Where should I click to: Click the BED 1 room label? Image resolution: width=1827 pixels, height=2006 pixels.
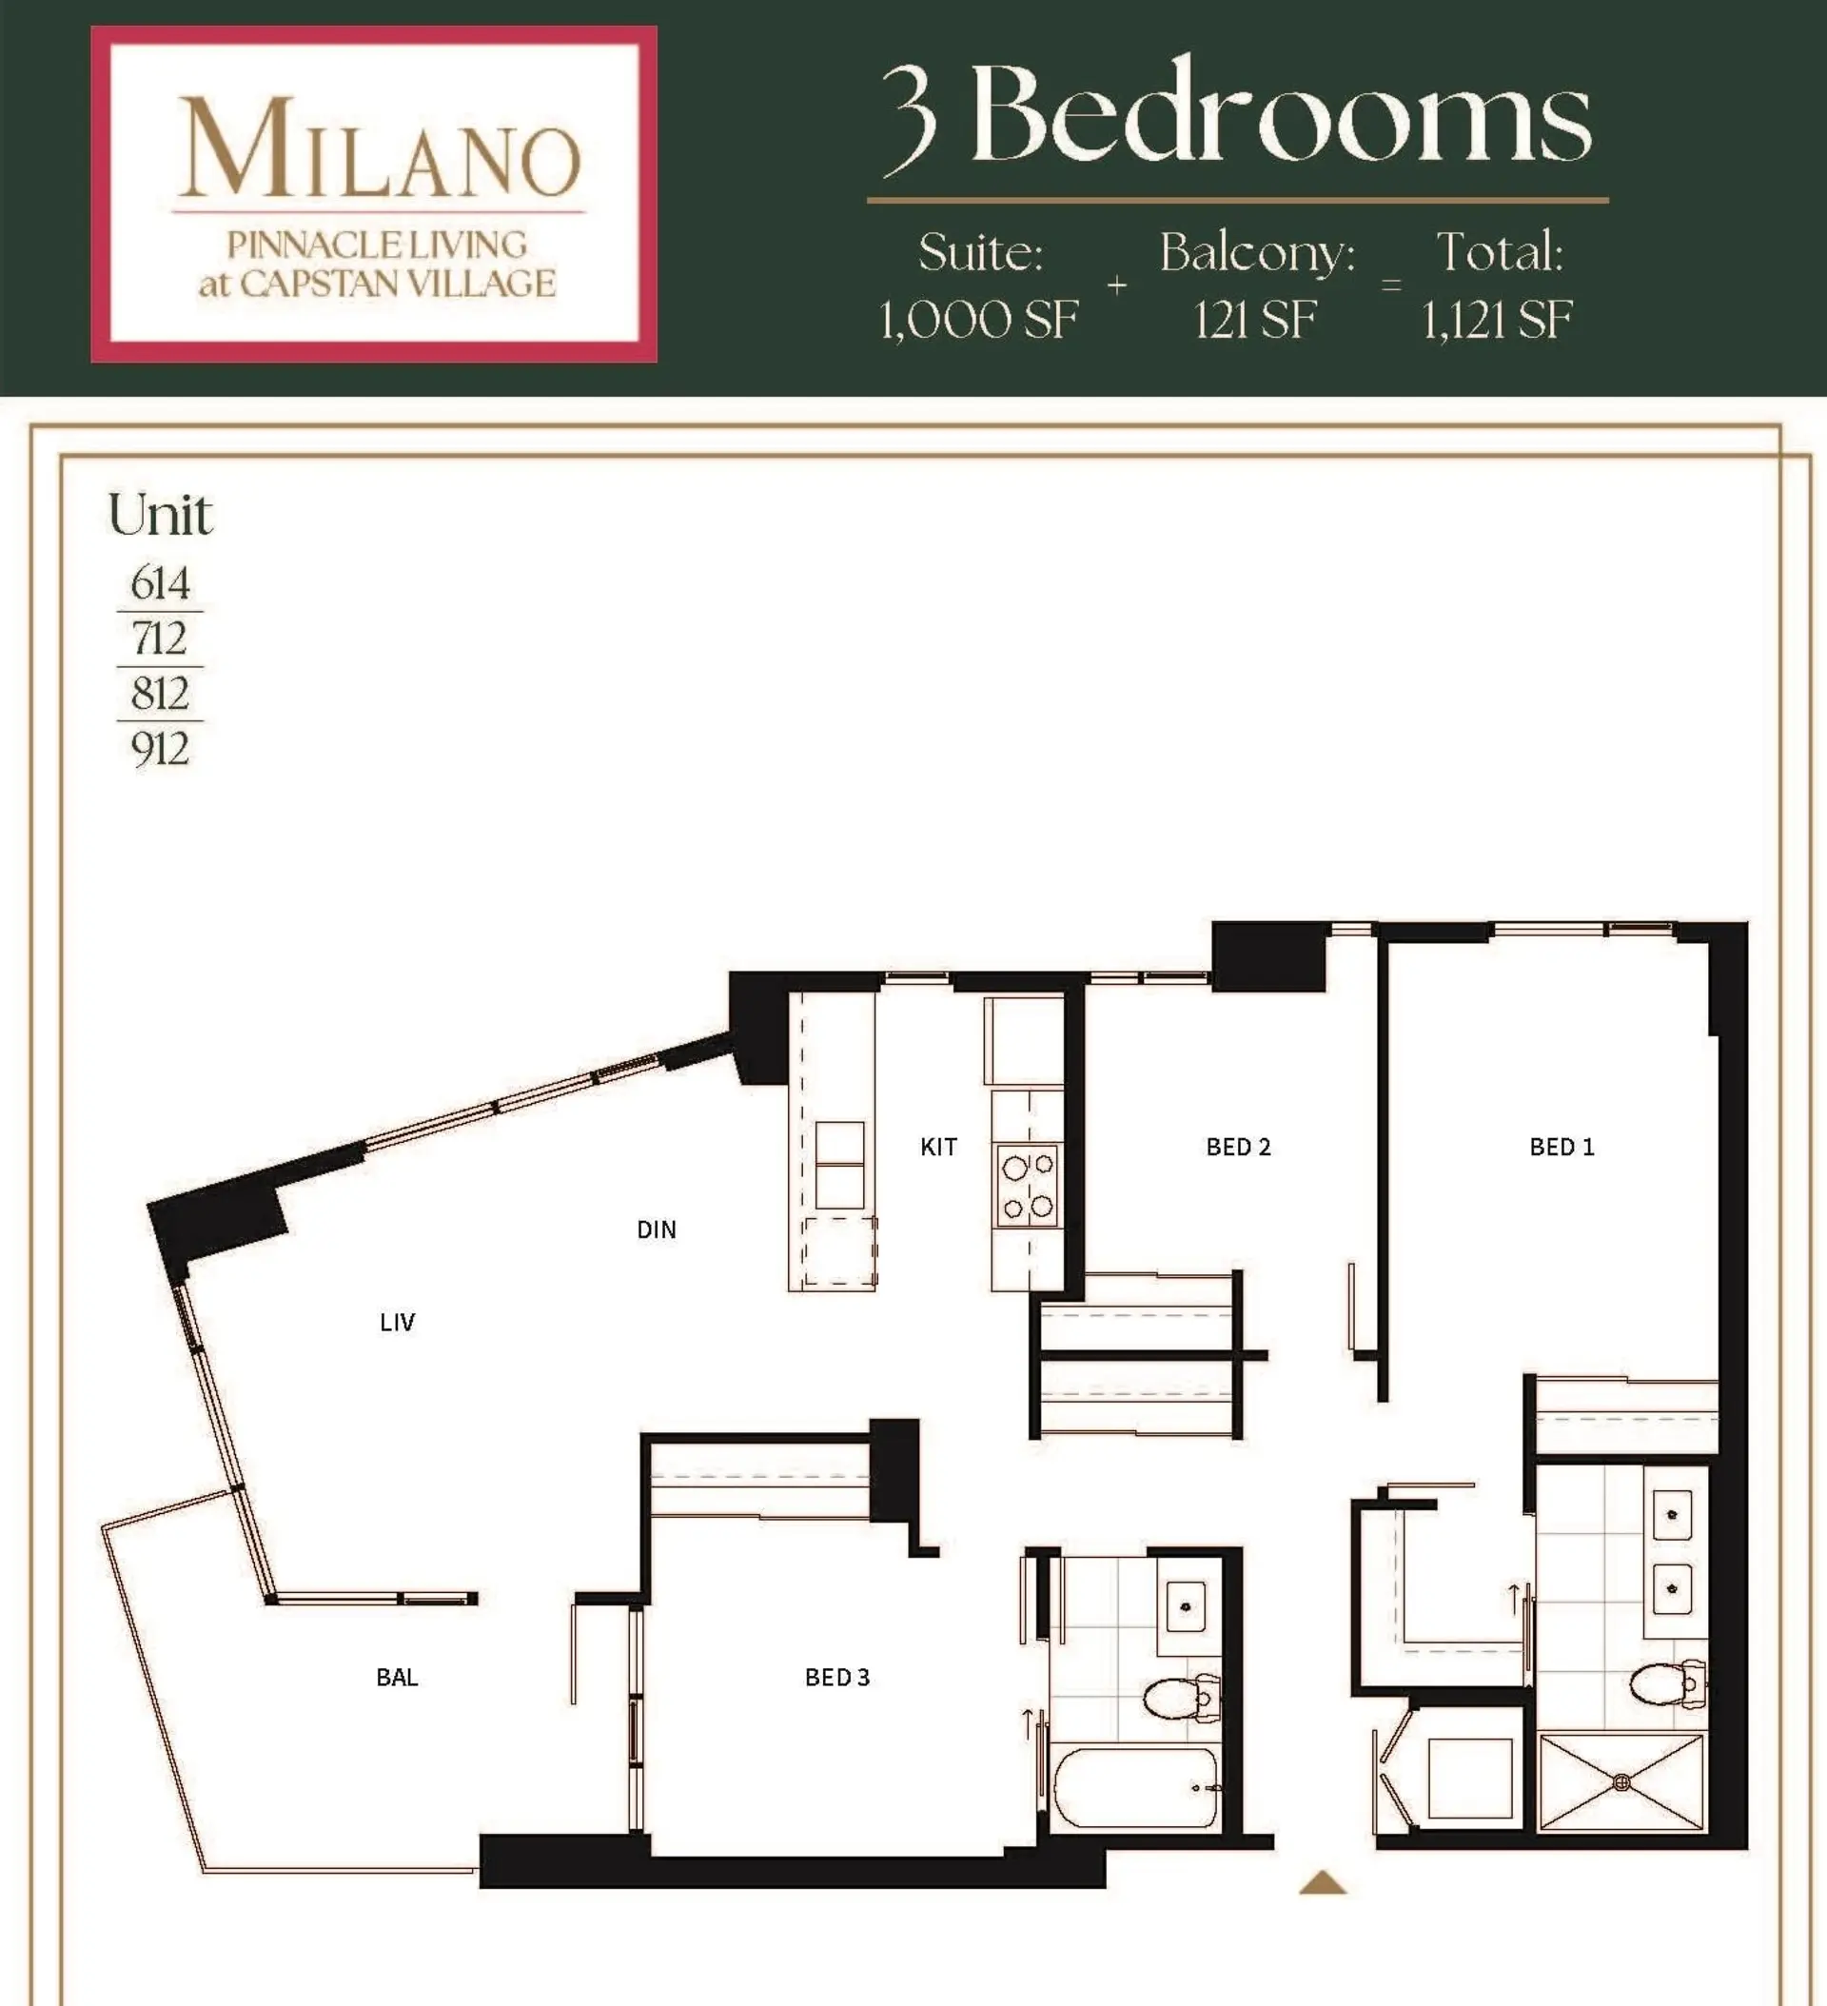click(1562, 1147)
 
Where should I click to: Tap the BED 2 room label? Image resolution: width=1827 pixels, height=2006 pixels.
click(1238, 1147)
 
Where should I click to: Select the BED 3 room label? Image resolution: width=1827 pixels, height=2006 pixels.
click(836, 1677)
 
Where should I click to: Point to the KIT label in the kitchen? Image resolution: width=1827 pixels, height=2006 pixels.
click(938, 1147)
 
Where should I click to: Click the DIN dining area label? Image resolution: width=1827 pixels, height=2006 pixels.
click(656, 1229)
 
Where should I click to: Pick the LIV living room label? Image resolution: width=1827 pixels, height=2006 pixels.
click(397, 1322)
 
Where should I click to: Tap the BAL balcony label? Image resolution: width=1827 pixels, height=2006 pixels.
click(397, 1677)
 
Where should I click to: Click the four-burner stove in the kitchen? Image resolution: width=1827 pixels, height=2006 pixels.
click(1028, 1185)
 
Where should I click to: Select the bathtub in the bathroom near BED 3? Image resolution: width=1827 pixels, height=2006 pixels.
click(1135, 1788)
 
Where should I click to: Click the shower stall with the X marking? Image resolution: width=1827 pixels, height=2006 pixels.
click(1621, 1782)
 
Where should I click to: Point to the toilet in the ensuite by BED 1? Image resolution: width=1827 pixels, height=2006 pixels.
click(1667, 1683)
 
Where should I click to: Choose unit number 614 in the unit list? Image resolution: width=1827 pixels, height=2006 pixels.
click(159, 582)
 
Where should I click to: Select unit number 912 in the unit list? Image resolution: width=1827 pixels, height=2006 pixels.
click(159, 747)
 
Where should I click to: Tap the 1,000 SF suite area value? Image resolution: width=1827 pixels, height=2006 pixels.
click(978, 321)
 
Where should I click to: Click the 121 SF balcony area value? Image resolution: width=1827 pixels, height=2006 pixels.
click(1255, 321)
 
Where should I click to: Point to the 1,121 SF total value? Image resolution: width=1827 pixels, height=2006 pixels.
click(1497, 321)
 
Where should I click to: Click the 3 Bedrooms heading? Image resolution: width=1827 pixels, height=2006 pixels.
click(1237, 114)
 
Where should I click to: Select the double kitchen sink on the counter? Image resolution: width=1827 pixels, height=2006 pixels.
click(839, 1164)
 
